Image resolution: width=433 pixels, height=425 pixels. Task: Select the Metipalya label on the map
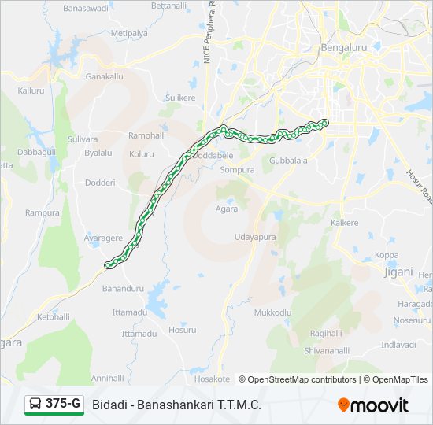[x=129, y=34]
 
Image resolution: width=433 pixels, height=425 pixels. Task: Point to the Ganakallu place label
[x=105, y=78]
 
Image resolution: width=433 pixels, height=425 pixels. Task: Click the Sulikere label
[x=180, y=98]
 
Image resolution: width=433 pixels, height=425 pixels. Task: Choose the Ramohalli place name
[x=147, y=135]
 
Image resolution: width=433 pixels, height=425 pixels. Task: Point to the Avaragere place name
[x=103, y=238]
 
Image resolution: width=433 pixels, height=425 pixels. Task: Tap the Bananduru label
[x=124, y=289]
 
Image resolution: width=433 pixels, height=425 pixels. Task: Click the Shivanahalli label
[x=327, y=350]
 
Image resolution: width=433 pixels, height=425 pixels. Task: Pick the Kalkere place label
[x=344, y=223]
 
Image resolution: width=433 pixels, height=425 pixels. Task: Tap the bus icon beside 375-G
[x=35, y=405]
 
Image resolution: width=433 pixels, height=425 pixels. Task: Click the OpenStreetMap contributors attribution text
[x=298, y=379]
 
